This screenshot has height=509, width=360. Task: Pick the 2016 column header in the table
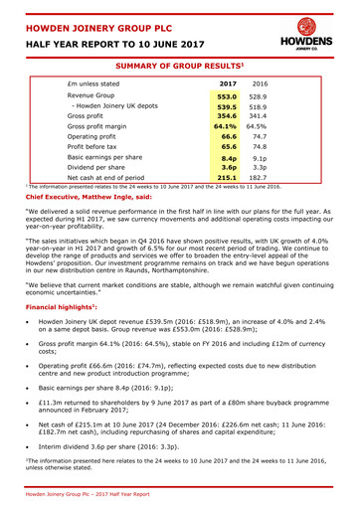pos(260,84)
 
